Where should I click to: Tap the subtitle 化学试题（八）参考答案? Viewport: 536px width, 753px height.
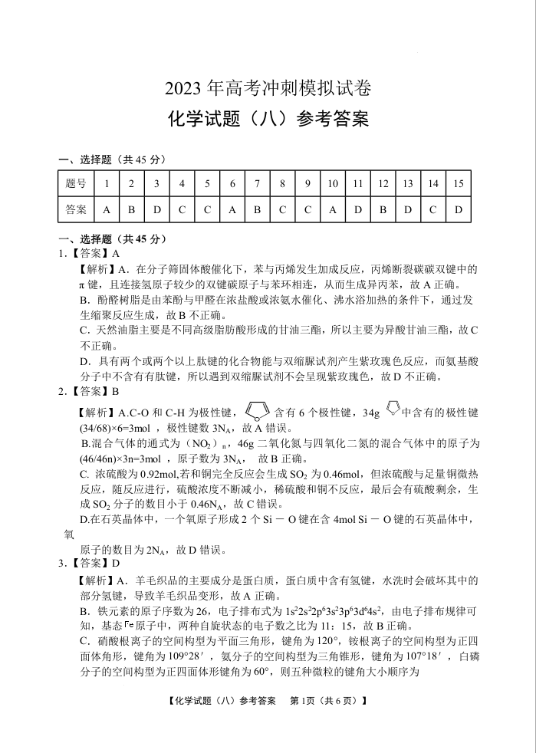[268, 120]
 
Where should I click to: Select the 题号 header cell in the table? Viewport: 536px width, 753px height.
[76, 184]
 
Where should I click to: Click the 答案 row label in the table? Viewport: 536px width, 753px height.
[76, 209]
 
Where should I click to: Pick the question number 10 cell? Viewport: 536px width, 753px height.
[333, 184]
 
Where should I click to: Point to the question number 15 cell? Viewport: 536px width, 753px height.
[458, 184]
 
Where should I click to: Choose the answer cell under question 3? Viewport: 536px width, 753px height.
[156, 209]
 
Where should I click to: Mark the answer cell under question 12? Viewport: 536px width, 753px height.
[383, 209]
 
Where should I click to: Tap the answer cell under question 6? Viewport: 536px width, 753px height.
[232, 209]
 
